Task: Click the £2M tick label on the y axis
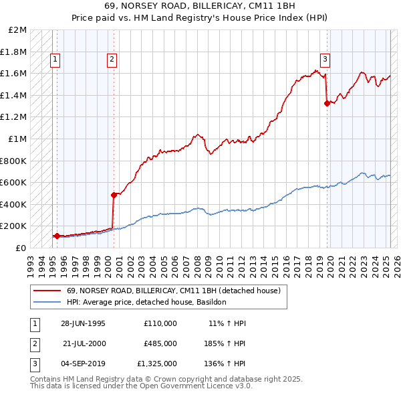(x=18, y=30)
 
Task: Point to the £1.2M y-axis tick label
(x=15, y=117)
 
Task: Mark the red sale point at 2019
(x=327, y=103)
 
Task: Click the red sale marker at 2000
(x=114, y=195)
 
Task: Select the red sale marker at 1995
(x=57, y=236)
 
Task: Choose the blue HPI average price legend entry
(x=146, y=303)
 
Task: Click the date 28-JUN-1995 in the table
(x=84, y=323)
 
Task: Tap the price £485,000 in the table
(x=160, y=343)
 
